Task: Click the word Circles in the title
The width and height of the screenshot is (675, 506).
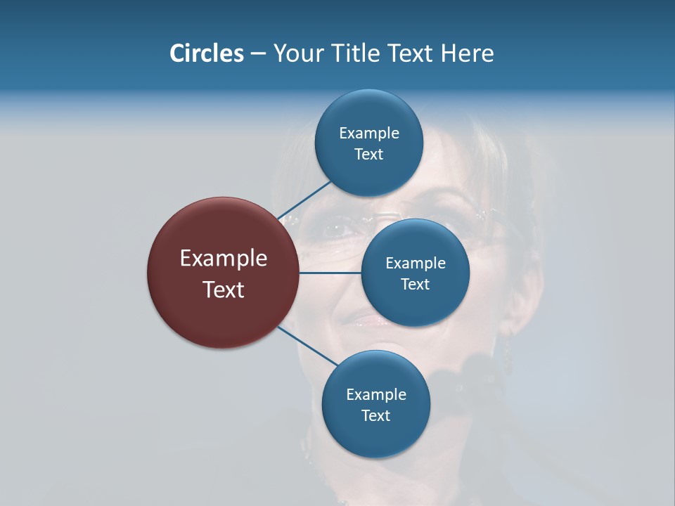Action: click(x=206, y=53)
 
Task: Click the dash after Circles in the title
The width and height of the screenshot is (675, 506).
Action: click(x=258, y=54)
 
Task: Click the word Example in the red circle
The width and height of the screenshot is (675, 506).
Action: click(x=224, y=259)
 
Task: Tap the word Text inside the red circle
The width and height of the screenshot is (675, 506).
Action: click(x=224, y=290)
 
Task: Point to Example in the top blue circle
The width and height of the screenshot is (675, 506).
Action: click(x=369, y=133)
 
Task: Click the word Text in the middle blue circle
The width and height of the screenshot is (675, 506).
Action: click(x=415, y=284)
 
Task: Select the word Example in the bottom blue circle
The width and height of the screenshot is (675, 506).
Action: click(x=376, y=394)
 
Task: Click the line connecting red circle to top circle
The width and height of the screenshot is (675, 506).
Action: click(x=304, y=200)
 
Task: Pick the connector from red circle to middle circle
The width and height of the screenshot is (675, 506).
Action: click(x=330, y=272)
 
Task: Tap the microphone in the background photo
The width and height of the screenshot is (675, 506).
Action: click(x=478, y=372)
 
